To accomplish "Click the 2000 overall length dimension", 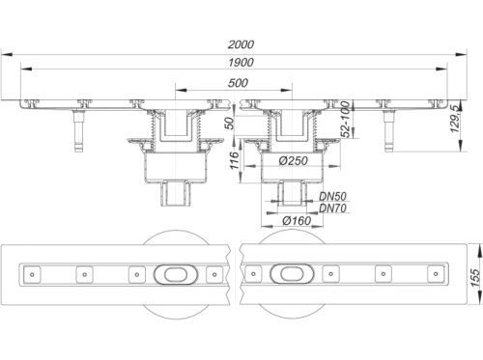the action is pos(241,44).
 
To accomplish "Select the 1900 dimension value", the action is pos(241,63).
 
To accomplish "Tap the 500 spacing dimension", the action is pos(238,83).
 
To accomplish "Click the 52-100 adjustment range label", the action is pos(345,119).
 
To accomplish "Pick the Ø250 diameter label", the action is pos(294,161).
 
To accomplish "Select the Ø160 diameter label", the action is pos(297,221).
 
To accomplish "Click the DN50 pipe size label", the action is pos(332,196).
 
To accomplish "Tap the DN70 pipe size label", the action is pos(332,208).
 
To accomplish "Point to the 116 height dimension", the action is pos(235,160).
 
